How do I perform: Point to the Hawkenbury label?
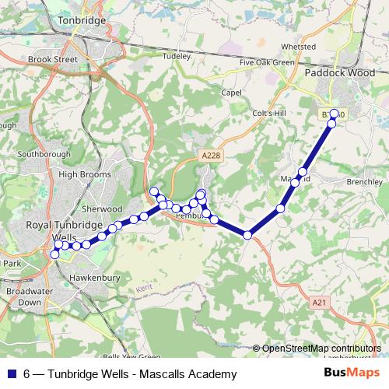(x=93, y=277)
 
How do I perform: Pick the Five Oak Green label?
(x=267, y=62)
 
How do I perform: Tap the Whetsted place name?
(x=298, y=47)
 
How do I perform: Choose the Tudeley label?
(x=176, y=56)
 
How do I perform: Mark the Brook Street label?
(x=53, y=59)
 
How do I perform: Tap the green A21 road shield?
(x=317, y=301)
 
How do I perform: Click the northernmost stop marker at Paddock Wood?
(x=335, y=114)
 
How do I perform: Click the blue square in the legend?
(x=12, y=374)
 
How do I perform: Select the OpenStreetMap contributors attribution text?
(x=321, y=349)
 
